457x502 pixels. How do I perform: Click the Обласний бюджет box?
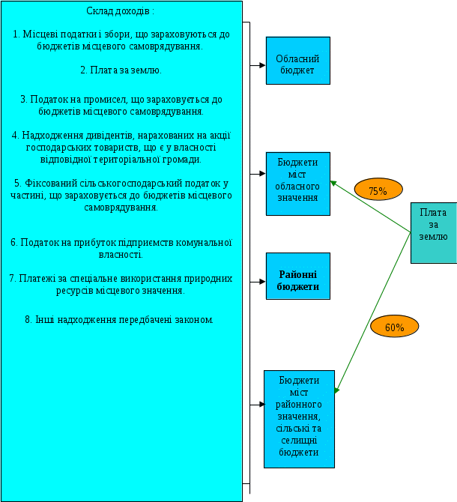(297, 60)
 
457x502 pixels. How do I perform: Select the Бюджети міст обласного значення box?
(297, 183)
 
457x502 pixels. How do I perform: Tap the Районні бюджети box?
(297, 276)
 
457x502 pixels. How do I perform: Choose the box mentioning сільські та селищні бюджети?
(297, 418)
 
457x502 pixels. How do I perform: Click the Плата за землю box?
(433, 232)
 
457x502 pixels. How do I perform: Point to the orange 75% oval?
(378, 190)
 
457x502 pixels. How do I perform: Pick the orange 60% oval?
(394, 327)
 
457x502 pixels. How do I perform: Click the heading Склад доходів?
(121, 12)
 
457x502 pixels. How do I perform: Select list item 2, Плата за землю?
(121, 70)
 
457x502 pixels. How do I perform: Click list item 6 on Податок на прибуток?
(121, 249)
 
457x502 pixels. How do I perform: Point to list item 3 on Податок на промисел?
(121, 105)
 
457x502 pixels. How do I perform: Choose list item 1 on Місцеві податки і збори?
(121, 40)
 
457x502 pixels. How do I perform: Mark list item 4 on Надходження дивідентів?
(121, 147)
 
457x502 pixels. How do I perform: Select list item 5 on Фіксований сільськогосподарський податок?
(121, 195)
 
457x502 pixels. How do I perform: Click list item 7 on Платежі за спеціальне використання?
(121, 284)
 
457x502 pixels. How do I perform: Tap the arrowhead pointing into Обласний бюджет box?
(261, 66)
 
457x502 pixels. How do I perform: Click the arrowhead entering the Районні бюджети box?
(261, 282)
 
